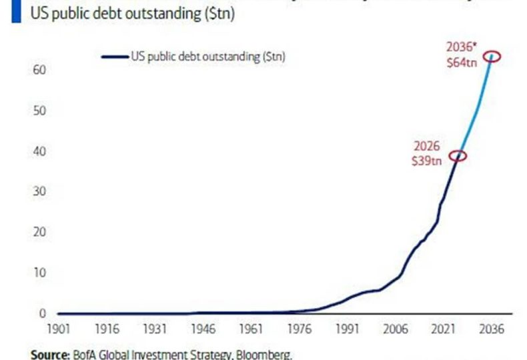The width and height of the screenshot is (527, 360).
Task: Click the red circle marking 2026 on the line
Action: click(x=458, y=156)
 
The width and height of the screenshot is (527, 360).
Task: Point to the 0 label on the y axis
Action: click(x=42, y=313)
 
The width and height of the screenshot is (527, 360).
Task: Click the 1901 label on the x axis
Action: click(x=59, y=329)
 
